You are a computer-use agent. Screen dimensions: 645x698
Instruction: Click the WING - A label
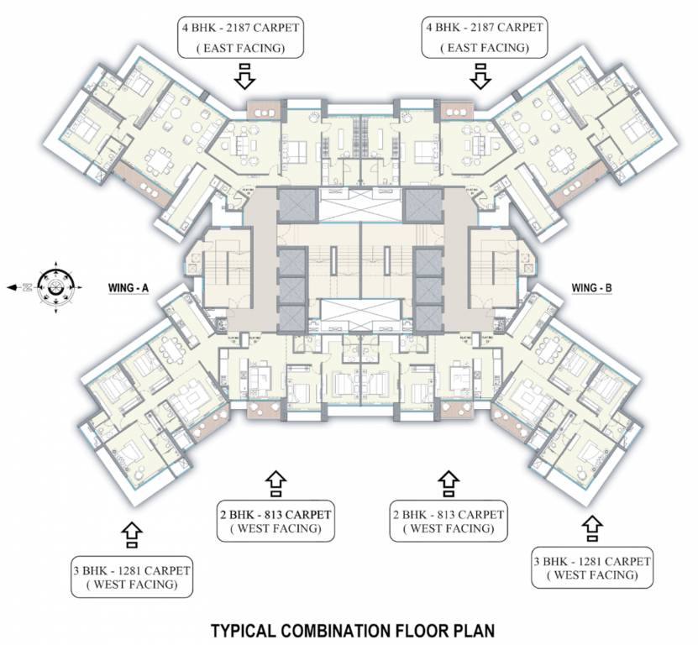[129, 288]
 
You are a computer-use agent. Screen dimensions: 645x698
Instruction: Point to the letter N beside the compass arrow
[26, 287]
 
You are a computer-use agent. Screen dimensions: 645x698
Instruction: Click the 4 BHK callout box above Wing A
[240, 38]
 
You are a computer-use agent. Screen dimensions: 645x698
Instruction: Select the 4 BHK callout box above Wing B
[483, 38]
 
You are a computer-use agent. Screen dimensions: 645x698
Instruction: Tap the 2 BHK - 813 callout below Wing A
[275, 521]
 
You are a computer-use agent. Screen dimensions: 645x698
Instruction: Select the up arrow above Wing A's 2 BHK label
[275, 481]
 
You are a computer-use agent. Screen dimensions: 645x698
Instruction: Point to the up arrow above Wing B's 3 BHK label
[591, 527]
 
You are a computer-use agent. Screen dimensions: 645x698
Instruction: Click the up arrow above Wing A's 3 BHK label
[132, 532]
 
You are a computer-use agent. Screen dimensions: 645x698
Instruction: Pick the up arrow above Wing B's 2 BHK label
[447, 481]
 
